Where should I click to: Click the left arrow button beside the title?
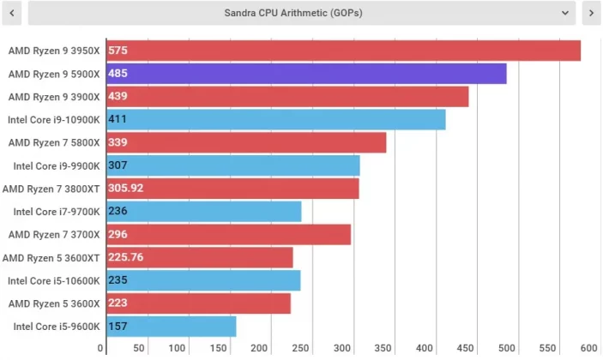pyautogui.click(x=12, y=13)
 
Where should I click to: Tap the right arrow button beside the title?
pyautogui.click(x=590, y=13)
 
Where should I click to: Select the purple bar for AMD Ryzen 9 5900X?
pyautogui.click(x=306, y=74)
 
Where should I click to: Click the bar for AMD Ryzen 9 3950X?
pyautogui.click(x=343, y=51)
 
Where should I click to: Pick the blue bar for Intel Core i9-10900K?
pyautogui.click(x=275, y=119)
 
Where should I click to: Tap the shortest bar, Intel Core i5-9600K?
pyautogui.click(x=171, y=327)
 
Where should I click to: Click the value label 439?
pyautogui.click(x=118, y=97)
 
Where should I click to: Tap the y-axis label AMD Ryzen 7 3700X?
pyautogui.click(x=54, y=234)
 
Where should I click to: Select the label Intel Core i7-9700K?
pyautogui.click(x=57, y=211)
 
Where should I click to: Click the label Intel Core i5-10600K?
pyautogui.click(x=54, y=280)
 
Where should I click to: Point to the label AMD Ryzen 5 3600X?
pyautogui.click(x=54, y=303)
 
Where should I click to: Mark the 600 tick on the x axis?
pyautogui.click(x=588, y=348)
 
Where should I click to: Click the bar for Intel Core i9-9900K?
pyautogui.click(x=232, y=165)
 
